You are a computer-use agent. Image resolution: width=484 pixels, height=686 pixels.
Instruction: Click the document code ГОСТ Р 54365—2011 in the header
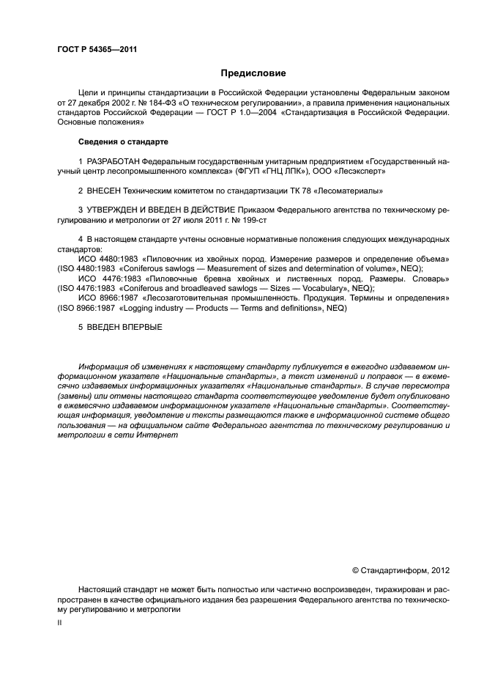pyautogui.click(x=97, y=50)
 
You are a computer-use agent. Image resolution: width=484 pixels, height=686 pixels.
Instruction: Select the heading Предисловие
pyautogui.click(x=253, y=73)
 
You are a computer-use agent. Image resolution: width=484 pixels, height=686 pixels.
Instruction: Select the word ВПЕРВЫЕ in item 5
pyautogui.click(x=139, y=327)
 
